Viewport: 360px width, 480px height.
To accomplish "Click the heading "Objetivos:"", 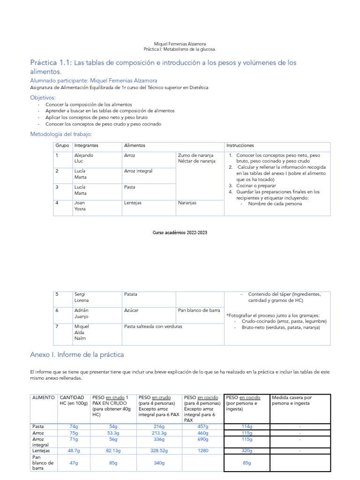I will point(43,97).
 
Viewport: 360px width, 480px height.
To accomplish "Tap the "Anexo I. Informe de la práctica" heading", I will point(77,355).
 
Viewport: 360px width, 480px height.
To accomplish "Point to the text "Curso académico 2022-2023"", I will point(180,233).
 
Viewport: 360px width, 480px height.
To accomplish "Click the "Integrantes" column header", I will point(86,146).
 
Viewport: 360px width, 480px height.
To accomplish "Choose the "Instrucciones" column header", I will point(240,146).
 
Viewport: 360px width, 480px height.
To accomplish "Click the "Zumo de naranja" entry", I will point(196,155).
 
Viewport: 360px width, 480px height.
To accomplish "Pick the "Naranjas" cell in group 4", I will point(187,203).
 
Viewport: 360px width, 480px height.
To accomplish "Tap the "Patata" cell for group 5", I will point(131,294).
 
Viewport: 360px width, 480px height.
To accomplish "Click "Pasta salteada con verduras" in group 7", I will point(153,326).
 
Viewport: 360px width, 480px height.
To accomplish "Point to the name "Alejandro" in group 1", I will point(83,155).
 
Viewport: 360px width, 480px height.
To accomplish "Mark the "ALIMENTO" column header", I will point(44,397).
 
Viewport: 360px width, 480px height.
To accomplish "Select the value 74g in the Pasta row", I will point(73,427).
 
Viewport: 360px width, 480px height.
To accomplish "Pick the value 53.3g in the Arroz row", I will point(113,434).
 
